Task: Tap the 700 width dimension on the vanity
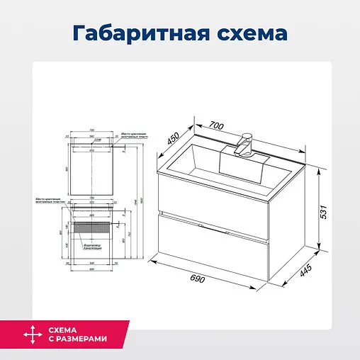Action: pos(217,125)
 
